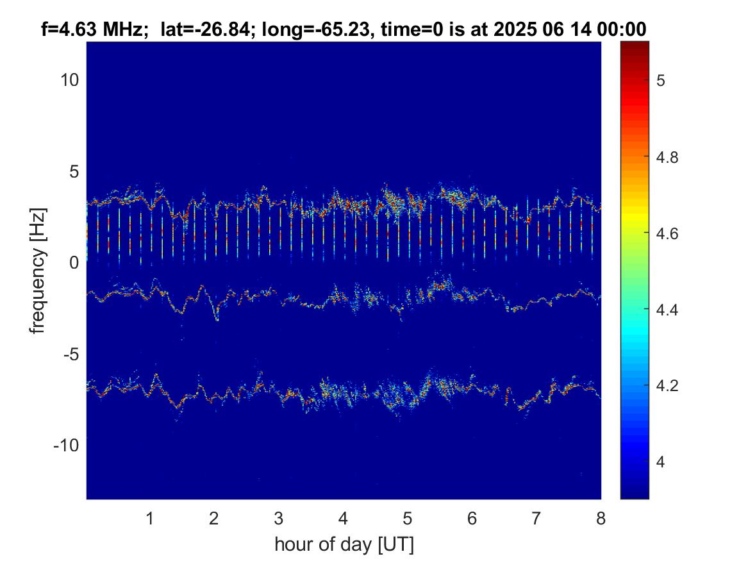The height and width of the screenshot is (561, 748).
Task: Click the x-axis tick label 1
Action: point(150,517)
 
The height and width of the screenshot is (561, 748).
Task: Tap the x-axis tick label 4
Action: point(343,517)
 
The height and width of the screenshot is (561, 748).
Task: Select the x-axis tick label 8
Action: point(601,517)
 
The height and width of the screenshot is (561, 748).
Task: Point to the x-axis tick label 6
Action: point(472,517)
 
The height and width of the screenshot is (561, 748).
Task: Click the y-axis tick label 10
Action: point(69,80)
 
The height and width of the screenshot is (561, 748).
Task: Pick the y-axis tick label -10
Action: point(66,446)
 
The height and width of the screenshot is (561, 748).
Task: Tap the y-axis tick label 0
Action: point(74,263)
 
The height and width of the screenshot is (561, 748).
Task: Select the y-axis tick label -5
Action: point(71,355)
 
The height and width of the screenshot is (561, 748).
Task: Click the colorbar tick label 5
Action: point(661,81)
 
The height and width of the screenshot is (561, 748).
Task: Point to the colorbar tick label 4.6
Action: point(667,234)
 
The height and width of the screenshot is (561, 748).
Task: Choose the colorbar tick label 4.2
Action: point(667,385)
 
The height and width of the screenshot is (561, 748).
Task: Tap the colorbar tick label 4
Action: point(661,462)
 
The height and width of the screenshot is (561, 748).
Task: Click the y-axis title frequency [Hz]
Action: point(38,271)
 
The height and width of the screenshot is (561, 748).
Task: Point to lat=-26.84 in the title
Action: point(205,29)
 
